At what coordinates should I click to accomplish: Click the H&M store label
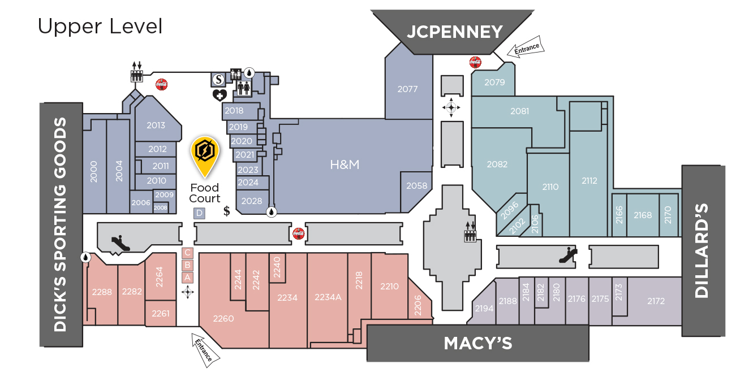(x=345, y=164)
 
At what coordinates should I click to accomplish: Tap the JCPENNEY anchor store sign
(x=455, y=32)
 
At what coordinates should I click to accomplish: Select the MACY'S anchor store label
(x=478, y=343)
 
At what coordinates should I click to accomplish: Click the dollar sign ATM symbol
(x=227, y=211)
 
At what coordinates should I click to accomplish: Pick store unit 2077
(x=407, y=89)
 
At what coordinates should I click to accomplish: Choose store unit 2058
(x=417, y=186)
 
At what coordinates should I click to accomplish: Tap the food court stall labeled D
(x=199, y=213)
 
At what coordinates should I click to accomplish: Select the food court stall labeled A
(x=188, y=277)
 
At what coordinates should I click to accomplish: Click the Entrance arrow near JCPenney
(x=526, y=49)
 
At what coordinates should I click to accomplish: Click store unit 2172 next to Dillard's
(x=656, y=301)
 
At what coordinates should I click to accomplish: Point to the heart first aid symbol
(x=220, y=95)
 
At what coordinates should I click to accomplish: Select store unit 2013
(x=156, y=125)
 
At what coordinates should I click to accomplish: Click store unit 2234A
(x=328, y=297)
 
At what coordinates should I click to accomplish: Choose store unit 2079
(x=494, y=83)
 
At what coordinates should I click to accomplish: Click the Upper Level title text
(x=100, y=26)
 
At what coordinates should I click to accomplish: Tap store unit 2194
(x=484, y=309)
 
